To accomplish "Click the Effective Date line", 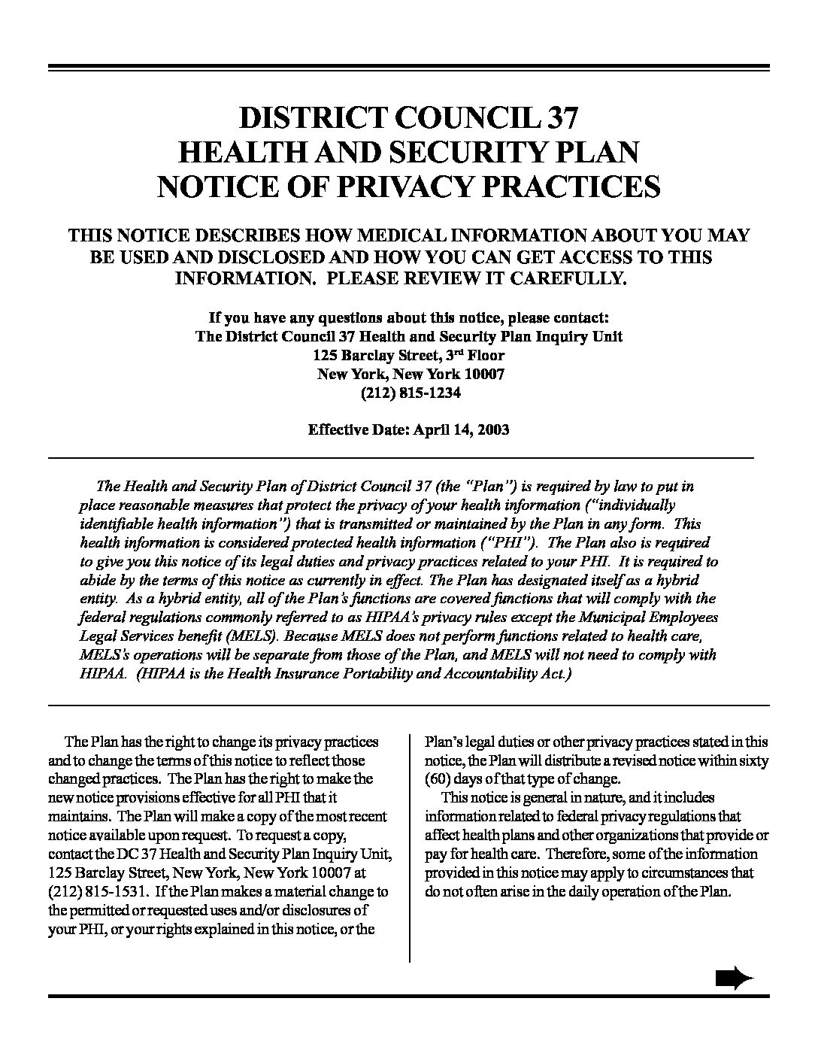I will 408,430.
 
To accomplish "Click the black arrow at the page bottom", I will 733,979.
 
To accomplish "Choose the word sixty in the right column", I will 754,760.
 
